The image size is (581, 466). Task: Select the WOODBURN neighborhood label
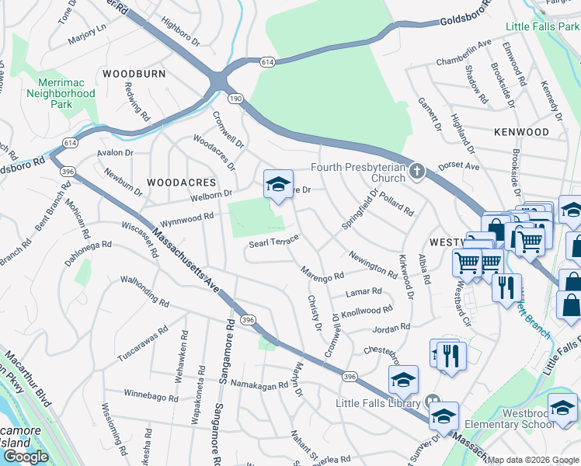tap(134, 74)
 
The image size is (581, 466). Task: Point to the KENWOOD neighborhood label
tap(521, 132)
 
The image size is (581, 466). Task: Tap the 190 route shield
tap(235, 99)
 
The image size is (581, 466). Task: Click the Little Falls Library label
tap(378, 403)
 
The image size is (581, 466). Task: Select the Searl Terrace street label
tap(273, 242)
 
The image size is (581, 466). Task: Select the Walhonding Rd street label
tap(139, 288)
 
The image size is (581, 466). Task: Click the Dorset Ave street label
tap(459, 166)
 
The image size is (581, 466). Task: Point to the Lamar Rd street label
tap(365, 292)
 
